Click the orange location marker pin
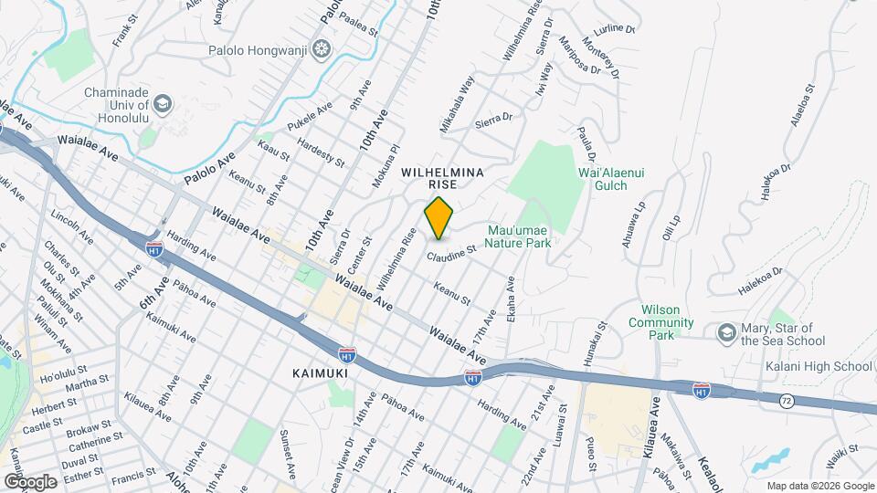pos(439,218)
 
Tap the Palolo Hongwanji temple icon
pos(321,47)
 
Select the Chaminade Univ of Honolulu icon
pos(162,104)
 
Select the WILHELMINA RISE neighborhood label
pos(441,177)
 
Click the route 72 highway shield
pos(786,400)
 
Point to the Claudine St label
pos(450,251)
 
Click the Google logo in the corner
pos(30,481)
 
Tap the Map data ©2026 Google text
pos(819,486)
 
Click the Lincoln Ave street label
pos(72,228)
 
